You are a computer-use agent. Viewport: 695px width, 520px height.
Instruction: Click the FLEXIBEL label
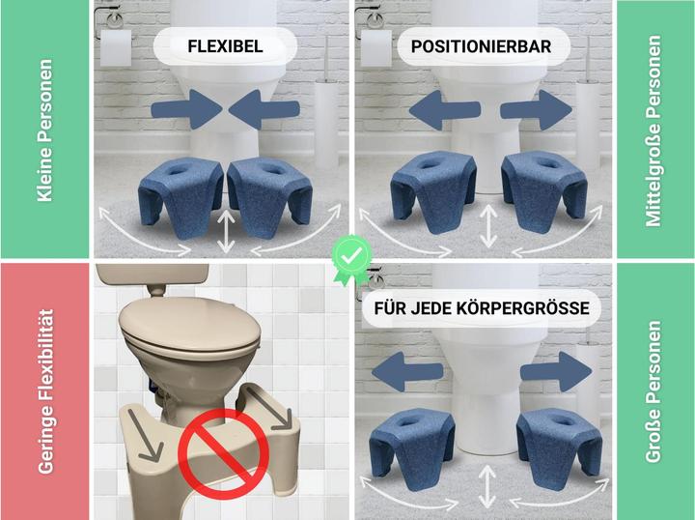tap(225, 46)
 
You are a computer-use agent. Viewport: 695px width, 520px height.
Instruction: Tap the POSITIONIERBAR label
tap(481, 46)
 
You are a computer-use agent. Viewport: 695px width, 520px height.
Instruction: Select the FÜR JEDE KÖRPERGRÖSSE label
tap(482, 308)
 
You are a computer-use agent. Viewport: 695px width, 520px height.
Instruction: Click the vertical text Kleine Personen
tap(44, 130)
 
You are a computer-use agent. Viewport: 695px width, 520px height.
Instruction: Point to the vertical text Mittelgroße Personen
tap(653, 131)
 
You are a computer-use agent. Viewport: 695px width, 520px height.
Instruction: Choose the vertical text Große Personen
tap(653, 391)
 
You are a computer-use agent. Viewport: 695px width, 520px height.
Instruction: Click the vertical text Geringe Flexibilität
tap(45, 391)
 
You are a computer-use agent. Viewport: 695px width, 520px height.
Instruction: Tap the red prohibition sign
tap(223, 453)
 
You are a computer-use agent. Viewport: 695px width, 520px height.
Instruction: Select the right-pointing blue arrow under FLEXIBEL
tap(186, 109)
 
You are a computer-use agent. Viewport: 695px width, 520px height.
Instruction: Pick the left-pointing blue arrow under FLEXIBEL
tap(264, 109)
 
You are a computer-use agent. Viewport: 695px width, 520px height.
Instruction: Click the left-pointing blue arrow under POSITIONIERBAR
tap(445, 109)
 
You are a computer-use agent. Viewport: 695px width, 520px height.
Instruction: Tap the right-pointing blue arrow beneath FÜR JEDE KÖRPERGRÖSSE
tap(556, 372)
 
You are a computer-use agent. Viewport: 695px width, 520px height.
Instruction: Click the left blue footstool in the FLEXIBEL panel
tap(181, 195)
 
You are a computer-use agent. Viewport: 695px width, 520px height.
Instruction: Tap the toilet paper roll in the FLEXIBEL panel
tap(116, 48)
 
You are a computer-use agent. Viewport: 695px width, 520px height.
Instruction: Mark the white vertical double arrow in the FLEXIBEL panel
tap(226, 231)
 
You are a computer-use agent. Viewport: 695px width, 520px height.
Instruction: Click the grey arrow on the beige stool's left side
tap(144, 435)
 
